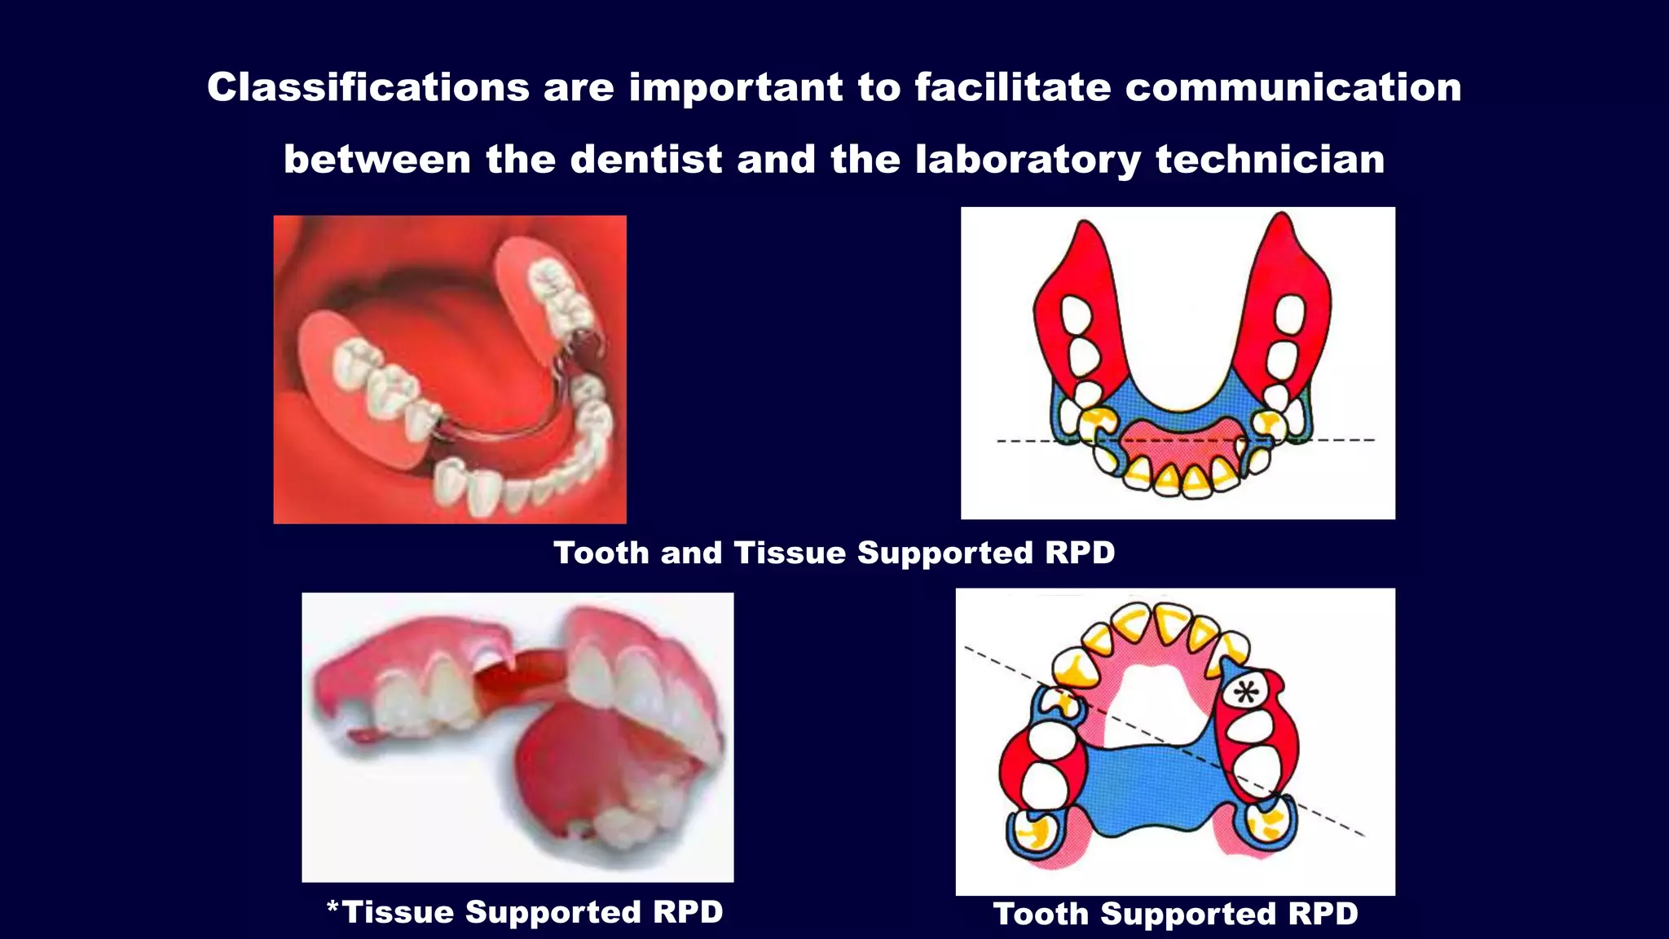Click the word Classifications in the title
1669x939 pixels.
tap(368, 87)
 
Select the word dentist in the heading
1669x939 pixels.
tap(645, 159)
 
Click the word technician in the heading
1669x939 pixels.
tap(1270, 159)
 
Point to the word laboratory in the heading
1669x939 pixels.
tap(1027, 161)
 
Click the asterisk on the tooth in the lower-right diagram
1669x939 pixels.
tap(1245, 693)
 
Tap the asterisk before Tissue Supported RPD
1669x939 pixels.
tap(332, 906)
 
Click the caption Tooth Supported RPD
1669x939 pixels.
tap(1175, 914)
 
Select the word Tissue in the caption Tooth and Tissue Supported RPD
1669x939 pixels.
tap(790, 553)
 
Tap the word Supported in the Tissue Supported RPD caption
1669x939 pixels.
tap(553, 912)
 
